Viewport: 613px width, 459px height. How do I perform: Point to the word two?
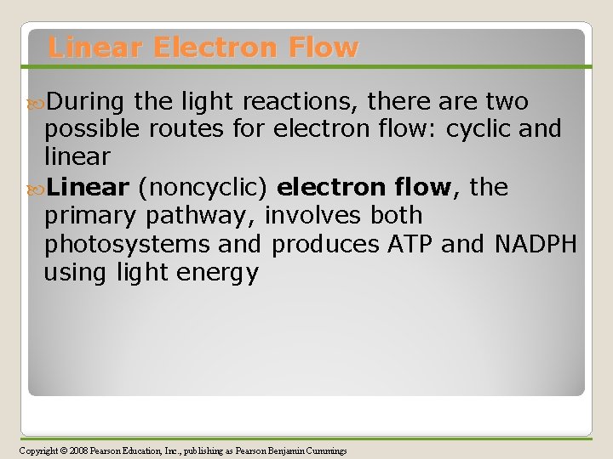[506, 103]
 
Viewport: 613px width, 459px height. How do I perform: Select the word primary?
[92, 217]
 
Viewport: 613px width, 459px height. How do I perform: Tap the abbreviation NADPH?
[536, 245]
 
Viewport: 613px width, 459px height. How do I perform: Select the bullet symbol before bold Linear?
[34, 187]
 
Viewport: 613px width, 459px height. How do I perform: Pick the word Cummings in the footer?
[327, 450]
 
